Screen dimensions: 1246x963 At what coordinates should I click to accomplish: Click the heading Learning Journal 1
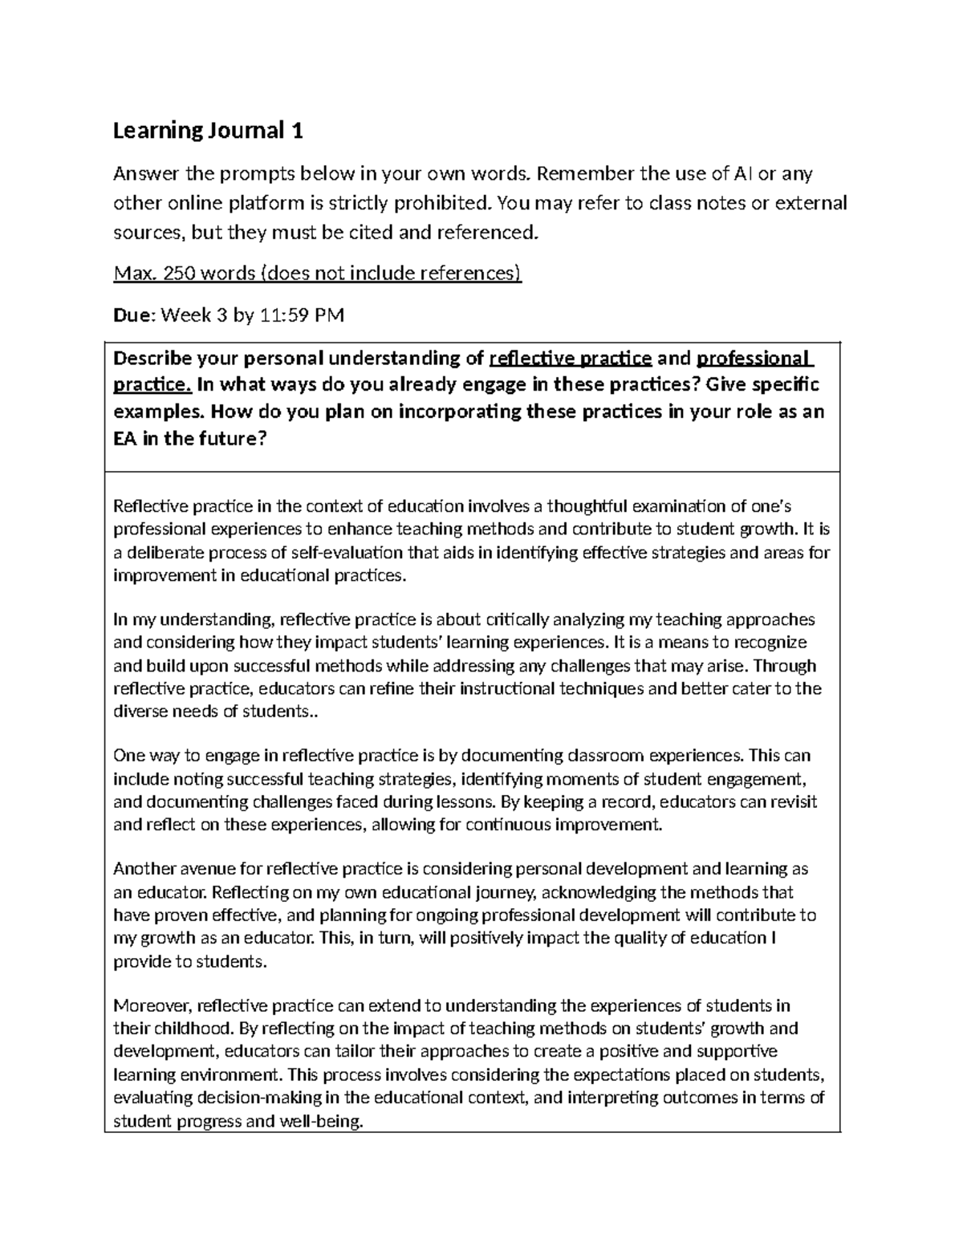208,131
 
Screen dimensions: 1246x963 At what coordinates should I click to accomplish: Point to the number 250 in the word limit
180,274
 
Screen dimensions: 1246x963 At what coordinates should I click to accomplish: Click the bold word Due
133,315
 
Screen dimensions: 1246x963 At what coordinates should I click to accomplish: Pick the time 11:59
282,315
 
